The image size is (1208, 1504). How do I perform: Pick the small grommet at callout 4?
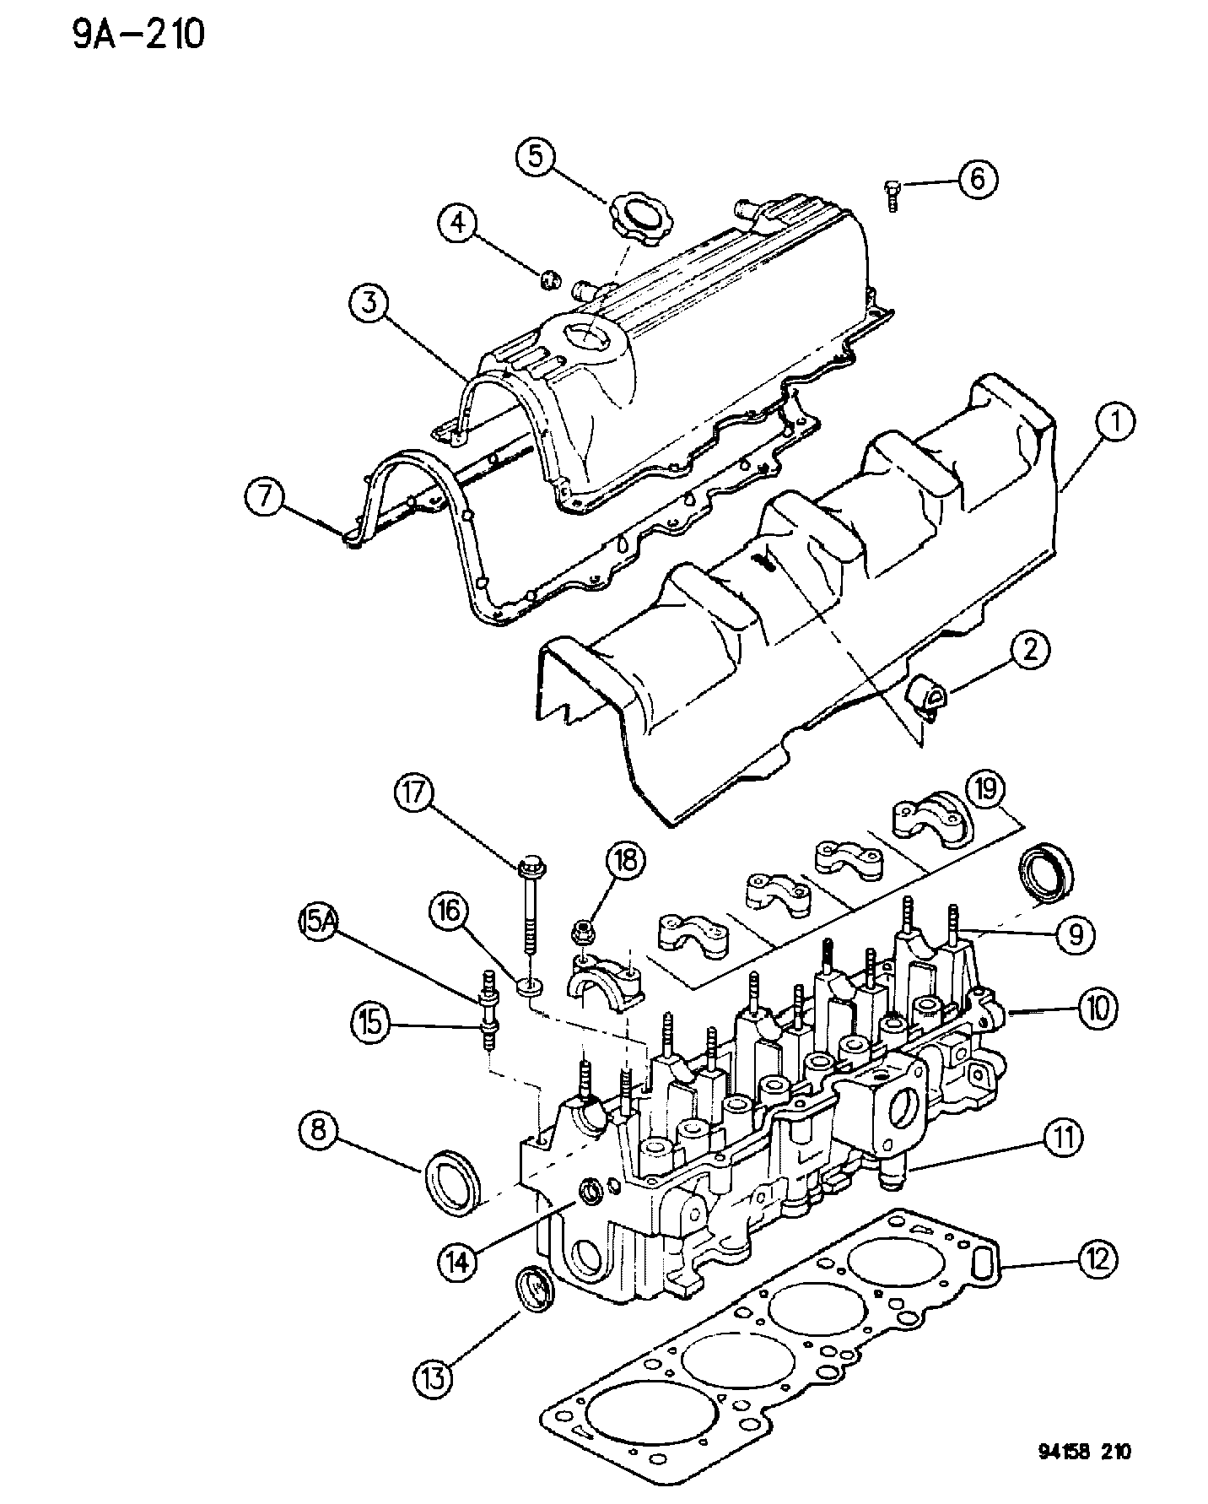[551, 275]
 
